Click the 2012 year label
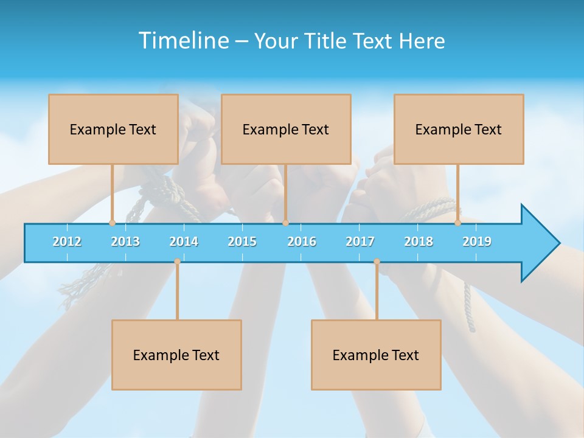[x=67, y=242]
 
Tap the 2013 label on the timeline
[x=125, y=242]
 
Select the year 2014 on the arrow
[x=184, y=242]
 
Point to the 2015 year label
[x=242, y=242]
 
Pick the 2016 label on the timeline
[x=302, y=242]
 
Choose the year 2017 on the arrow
[x=360, y=242]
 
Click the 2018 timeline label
[x=419, y=242]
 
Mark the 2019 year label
[x=477, y=242]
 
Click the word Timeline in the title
[x=182, y=40]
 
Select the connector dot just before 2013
[x=112, y=223]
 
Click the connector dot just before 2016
[x=285, y=223]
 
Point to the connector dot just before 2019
[x=457, y=223]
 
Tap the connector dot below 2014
[x=177, y=262]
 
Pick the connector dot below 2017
[x=377, y=262]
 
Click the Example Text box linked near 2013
[x=113, y=129]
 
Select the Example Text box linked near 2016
[x=286, y=129]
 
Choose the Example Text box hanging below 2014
[x=176, y=355]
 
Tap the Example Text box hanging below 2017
[x=376, y=355]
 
